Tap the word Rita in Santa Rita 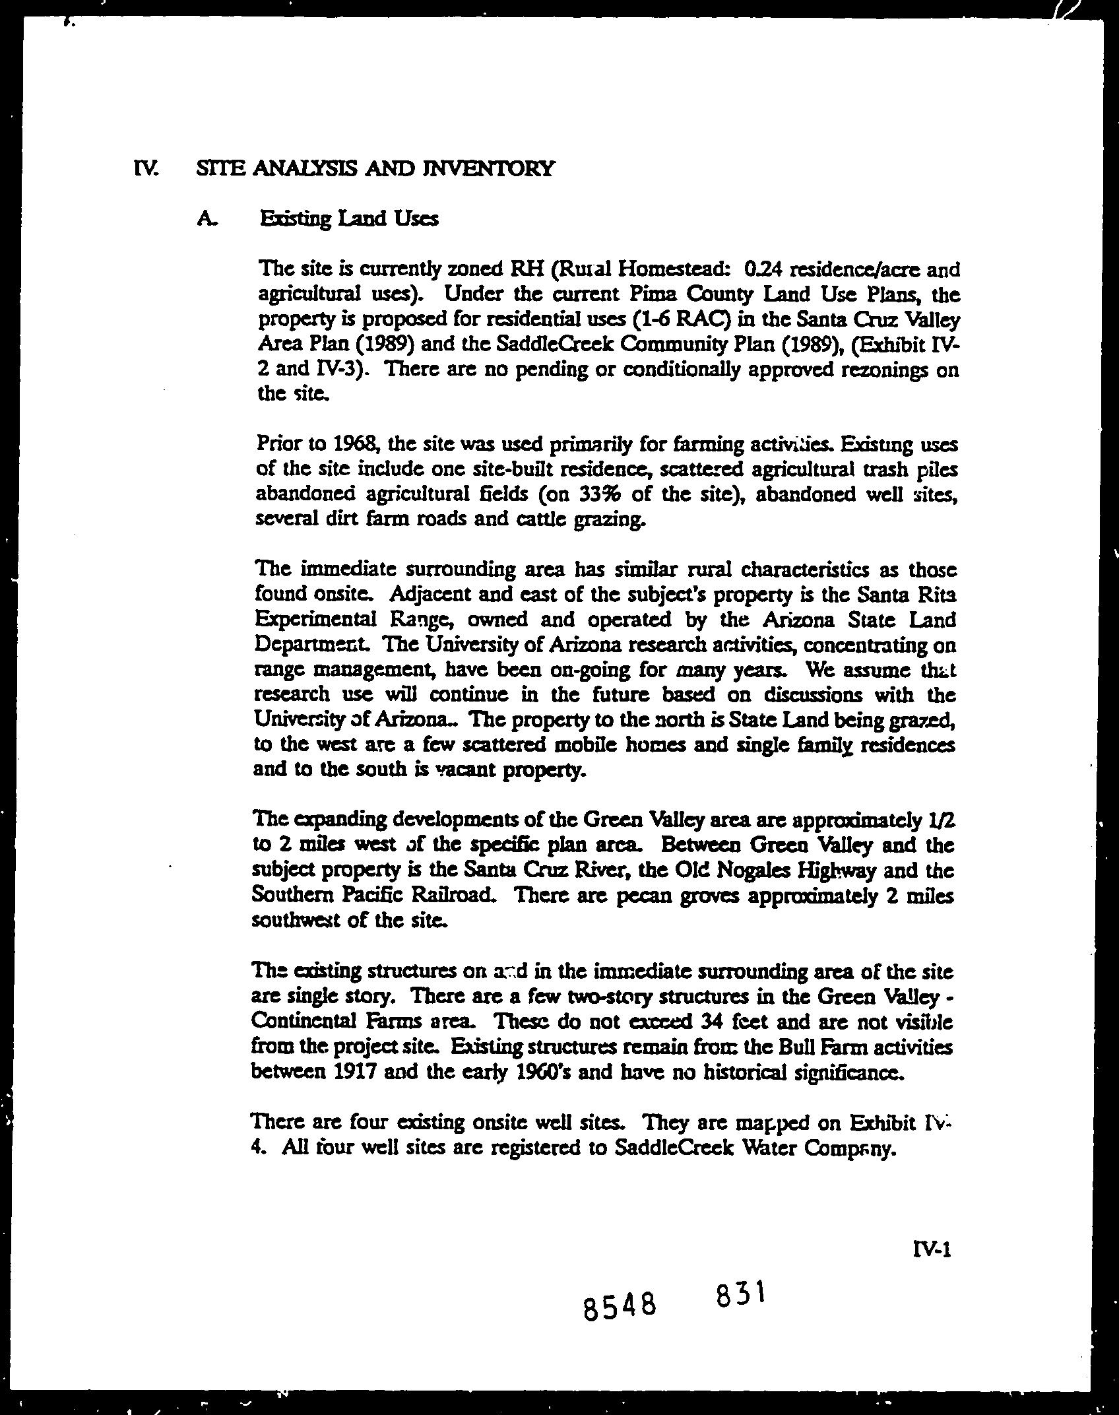click(x=936, y=595)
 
